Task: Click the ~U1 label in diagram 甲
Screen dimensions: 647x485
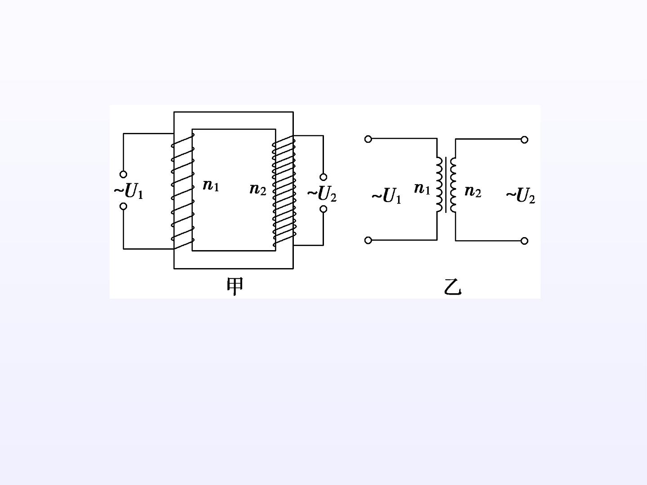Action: point(129,191)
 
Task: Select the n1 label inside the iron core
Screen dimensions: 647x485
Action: point(211,185)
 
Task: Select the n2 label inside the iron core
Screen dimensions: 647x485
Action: point(258,189)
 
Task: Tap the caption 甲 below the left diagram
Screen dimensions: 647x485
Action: point(235,287)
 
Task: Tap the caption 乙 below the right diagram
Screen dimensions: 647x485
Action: point(452,287)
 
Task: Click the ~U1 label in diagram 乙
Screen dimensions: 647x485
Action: point(386,195)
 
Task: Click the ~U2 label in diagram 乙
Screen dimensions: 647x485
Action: point(521,195)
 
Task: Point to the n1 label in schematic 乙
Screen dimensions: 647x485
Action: point(422,189)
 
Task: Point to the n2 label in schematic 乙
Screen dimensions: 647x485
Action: point(473,191)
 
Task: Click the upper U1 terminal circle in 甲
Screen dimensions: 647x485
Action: point(124,174)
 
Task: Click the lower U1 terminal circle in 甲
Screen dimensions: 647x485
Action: point(124,207)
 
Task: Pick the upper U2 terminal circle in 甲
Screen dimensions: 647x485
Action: point(323,177)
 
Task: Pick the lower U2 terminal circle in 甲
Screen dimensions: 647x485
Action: point(323,209)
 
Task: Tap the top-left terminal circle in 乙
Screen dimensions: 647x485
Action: point(368,139)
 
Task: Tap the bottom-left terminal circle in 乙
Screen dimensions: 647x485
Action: point(368,240)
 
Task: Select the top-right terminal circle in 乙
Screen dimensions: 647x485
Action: point(524,140)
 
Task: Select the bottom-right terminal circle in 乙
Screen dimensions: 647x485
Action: point(524,241)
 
